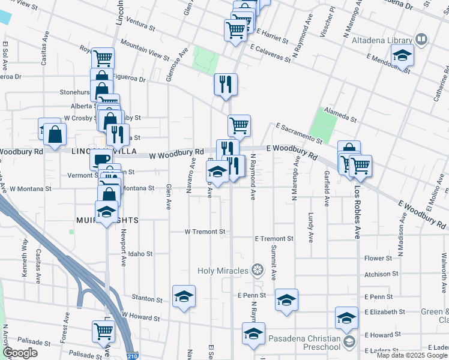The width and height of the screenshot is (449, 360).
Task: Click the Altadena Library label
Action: point(387,40)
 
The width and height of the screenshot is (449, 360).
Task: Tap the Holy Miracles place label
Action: point(223,271)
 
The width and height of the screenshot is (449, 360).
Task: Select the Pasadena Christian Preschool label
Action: point(304,342)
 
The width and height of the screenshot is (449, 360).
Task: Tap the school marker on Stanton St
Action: point(184,296)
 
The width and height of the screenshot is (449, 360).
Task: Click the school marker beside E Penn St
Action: point(287,300)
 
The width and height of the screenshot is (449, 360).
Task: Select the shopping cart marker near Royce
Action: point(103,59)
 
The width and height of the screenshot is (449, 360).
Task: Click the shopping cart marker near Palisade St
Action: point(103,331)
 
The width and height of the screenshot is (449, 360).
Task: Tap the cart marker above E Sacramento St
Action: point(239,126)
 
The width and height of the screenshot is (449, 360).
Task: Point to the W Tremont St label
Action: point(205,231)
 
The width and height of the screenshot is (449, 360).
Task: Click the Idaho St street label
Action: point(140,254)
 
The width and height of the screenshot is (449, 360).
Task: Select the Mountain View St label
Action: point(145,49)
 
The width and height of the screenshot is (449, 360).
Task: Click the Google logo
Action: point(20,353)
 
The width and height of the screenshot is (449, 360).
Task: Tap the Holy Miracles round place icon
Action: point(258,271)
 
